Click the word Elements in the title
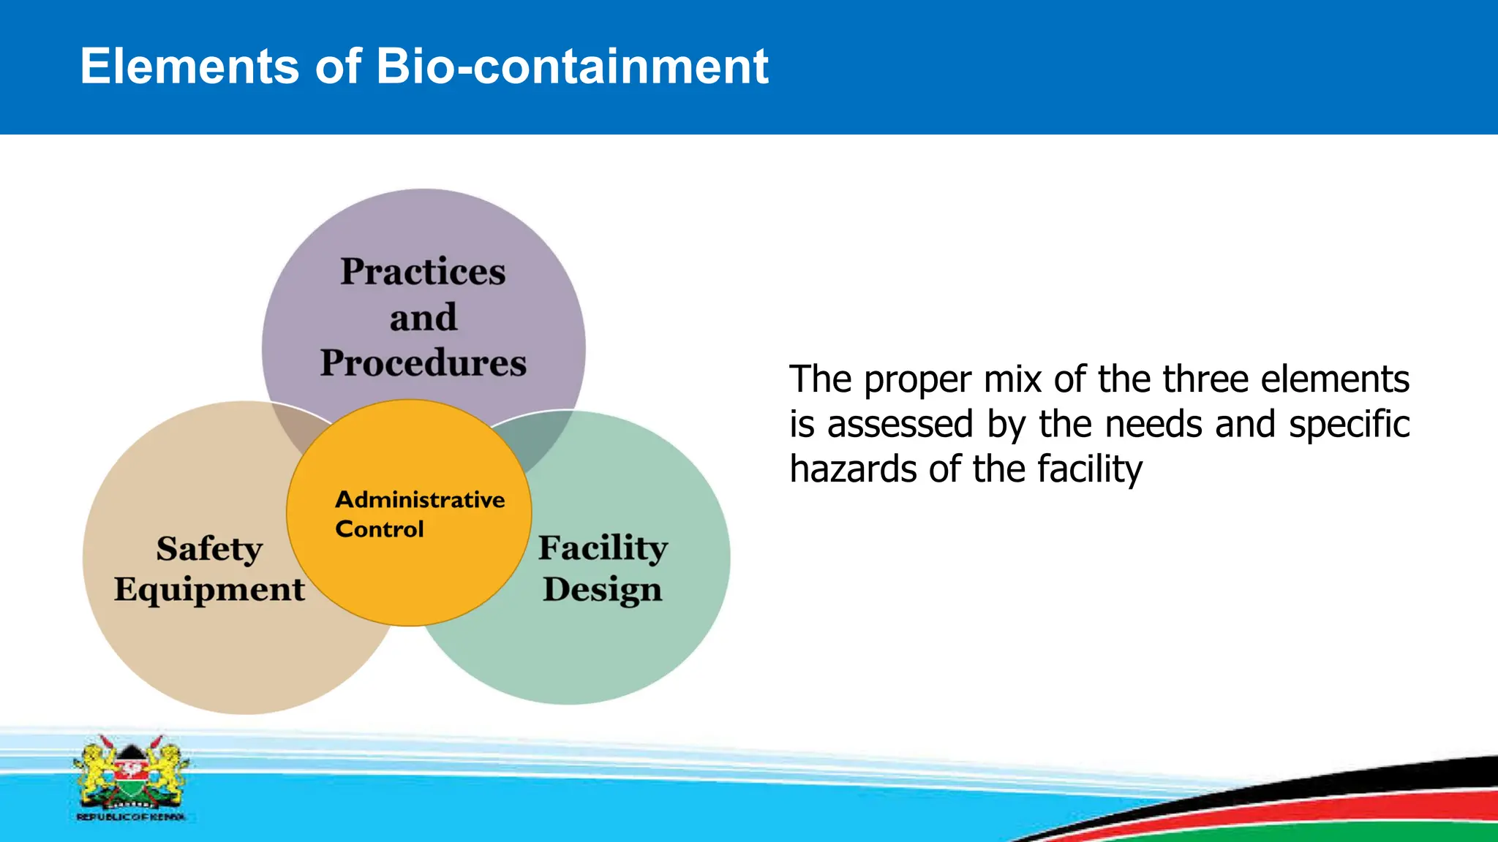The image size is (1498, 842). [x=189, y=67]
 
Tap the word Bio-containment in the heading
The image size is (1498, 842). [x=571, y=67]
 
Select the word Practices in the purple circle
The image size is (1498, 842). [x=423, y=272]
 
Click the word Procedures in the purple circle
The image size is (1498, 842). [x=423, y=363]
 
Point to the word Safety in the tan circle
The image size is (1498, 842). [x=209, y=549]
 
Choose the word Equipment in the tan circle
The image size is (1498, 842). [x=209, y=590]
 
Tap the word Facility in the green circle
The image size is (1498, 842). [x=603, y=548]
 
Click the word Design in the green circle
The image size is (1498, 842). [x=602, y=590]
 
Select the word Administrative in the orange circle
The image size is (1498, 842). [x=420, y=500]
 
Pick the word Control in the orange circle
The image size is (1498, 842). [x=379, y=529]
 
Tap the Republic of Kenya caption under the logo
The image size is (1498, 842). [x=130, y=817]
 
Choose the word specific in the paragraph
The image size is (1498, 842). [x=1349, y=425]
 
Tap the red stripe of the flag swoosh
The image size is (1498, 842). [x=1390, y=808]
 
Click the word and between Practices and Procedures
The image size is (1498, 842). [x=423, y=318]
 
